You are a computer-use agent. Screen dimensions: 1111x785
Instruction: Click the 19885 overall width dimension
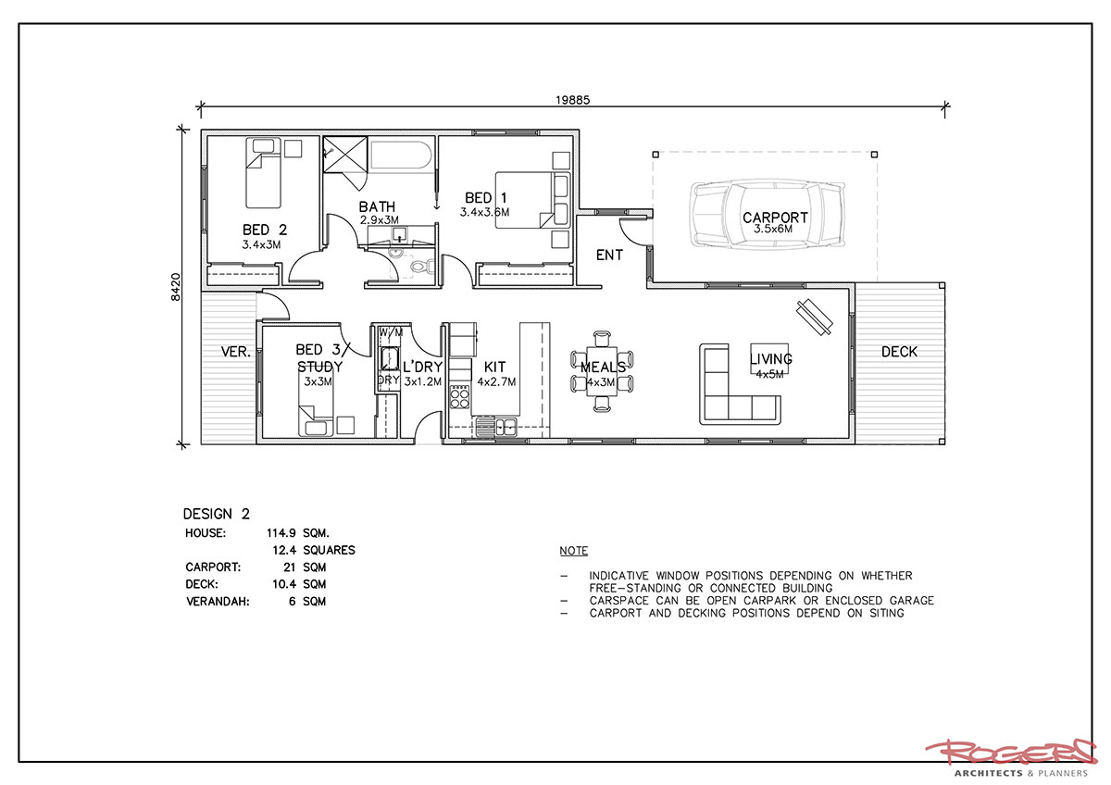click(x=572, y=100)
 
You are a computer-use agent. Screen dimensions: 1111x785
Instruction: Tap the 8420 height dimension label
click(x=176, y=287)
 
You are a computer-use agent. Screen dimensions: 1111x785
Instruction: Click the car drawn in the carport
click(x=767, y=215)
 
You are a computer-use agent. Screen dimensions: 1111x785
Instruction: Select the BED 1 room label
click(x=485, y=198)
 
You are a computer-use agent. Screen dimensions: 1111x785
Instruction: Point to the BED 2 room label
click(x=265, y=230)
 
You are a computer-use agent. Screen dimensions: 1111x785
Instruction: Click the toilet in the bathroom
click(x=421, y=267)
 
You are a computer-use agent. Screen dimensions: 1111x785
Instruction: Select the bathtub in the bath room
click(x=401, y=156)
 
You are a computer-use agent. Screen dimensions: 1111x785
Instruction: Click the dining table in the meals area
click(x=602, y=371)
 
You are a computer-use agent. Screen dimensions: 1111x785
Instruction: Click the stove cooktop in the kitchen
click(x=459, y=397)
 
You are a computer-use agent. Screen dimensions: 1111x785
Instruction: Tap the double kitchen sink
click(x=496, y=427)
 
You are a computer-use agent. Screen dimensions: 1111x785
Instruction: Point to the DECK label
click(x=899, y=352)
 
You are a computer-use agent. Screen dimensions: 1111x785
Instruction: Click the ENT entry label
click(x=609, y=255)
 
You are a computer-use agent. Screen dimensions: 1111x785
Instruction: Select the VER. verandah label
click(x=235, y=352)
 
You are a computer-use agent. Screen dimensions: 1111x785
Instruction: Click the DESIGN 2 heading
click(x=217, y=514)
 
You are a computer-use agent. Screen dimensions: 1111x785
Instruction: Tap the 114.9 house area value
click(x=281, y=533)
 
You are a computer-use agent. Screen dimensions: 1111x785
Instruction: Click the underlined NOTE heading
click(x=573, y=551)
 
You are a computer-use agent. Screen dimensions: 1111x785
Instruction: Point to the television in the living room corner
click(x=815, y=318)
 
